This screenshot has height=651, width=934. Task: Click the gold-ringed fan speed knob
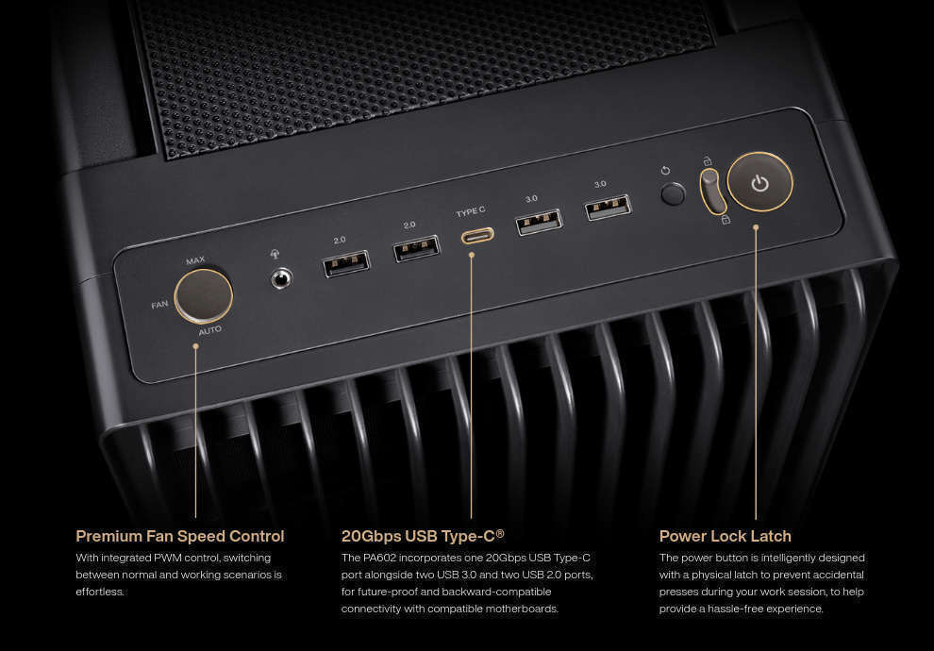(204, 296)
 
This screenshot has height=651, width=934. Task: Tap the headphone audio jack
(281, 278)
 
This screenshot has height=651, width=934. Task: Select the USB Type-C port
(477, 236)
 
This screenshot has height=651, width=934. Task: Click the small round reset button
(673, 194)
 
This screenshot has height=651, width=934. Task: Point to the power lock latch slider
(712, 191)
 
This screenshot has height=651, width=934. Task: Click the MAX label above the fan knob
(195, 260)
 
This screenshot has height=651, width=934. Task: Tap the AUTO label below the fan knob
(210, 330)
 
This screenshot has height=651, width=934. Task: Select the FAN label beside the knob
(159, 305)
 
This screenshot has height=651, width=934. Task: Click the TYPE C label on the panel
(471, 211)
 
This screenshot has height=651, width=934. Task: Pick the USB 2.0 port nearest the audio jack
(346, 264)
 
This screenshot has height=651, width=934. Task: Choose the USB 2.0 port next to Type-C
(416, 248)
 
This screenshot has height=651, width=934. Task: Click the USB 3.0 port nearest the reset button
(609, 208)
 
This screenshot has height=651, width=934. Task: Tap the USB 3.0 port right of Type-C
(539, 222)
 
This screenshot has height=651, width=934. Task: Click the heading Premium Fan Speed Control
(180, 536)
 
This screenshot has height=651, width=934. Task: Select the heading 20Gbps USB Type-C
(423, 536)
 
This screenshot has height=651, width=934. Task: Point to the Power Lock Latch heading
(725, 536)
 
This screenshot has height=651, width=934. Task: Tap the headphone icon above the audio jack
(275, 255)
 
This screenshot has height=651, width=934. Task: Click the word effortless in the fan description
(100, 592)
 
